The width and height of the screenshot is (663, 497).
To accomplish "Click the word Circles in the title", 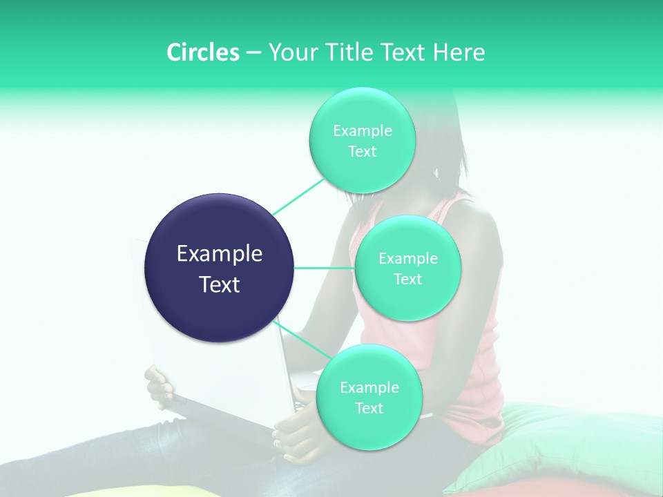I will point(202,52).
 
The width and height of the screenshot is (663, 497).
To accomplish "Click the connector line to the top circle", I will point(299,196).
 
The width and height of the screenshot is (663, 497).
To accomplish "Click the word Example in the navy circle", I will point(219,254).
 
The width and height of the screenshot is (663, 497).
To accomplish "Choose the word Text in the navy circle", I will point(219,284).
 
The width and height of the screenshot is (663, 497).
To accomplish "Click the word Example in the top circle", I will point(362,130).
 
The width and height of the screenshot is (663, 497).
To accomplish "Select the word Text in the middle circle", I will point(407,279).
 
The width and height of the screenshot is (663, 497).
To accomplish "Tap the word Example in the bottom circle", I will point(369,387).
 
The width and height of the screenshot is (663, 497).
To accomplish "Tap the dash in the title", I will point(253,53).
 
